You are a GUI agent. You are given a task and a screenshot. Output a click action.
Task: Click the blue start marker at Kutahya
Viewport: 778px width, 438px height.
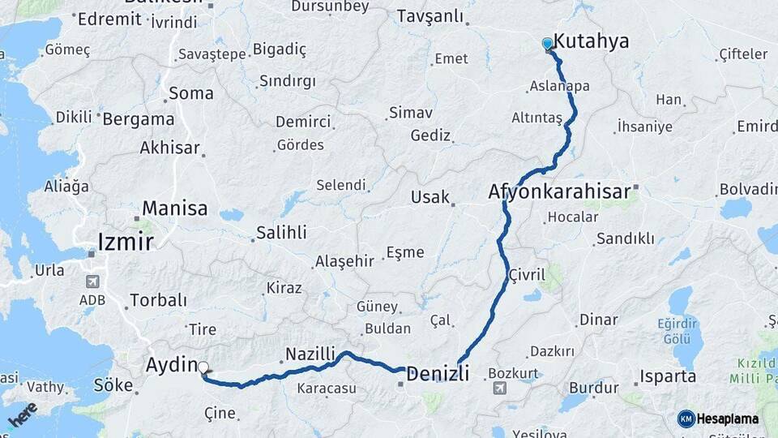(548, 44)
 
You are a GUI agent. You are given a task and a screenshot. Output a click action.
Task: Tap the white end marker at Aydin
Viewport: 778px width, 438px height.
(203, 367)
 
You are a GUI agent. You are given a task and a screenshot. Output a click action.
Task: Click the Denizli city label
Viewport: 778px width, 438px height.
(438, 374)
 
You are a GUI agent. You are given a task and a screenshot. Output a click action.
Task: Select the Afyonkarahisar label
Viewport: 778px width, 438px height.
(559, 192)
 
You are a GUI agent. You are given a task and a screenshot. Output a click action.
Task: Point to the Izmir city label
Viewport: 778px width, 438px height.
(125, 242)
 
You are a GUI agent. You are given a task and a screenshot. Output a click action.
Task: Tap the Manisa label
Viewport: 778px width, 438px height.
(174, 208)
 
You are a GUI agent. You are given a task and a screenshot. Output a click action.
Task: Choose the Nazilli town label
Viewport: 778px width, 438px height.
(310, 354)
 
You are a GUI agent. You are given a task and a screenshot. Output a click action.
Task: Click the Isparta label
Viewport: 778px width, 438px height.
(668, 376)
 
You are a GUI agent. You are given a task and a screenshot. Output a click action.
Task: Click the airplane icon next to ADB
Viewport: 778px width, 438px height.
(93, 281)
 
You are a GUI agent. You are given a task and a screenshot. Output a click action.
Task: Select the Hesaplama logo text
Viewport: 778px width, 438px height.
(728, 419)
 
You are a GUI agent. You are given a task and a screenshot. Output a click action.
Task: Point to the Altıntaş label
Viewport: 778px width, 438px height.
(536, 118)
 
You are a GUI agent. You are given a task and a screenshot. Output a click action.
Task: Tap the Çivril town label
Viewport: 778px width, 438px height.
(526, 275)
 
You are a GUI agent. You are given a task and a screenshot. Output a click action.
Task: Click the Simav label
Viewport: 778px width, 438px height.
(411, 113)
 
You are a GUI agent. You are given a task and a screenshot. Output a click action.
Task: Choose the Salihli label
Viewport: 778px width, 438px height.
(281, 233)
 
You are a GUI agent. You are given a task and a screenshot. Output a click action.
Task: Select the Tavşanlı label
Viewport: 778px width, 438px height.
(430, 16)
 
